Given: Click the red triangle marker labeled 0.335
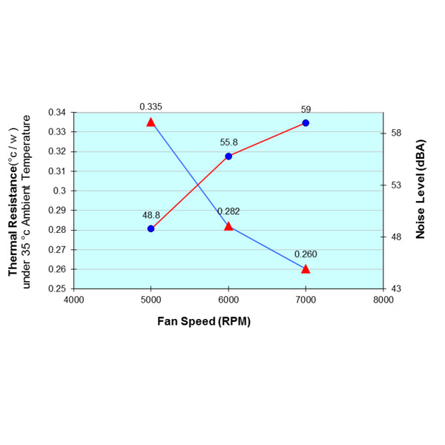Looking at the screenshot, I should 151,122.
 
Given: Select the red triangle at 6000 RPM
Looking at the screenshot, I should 228,226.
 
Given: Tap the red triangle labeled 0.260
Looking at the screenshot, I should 306,268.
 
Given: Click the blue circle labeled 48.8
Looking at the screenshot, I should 151,228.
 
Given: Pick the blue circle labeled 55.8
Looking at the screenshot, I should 228,156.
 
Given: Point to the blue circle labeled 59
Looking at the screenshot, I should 306,123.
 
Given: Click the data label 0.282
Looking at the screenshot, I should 228,211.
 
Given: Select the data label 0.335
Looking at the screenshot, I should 151,107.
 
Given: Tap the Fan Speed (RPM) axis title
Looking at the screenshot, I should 203,322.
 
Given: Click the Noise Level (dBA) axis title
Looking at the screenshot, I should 420,188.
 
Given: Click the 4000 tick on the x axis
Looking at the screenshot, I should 73,300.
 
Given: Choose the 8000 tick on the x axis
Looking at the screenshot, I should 383,300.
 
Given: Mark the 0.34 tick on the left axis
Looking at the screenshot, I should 57,113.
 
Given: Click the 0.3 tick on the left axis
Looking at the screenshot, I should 62,191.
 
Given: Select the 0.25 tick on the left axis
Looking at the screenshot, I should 57,289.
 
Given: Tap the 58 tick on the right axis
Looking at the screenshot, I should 395,133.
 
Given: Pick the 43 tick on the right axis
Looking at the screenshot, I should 395,289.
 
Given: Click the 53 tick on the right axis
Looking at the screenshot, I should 395,185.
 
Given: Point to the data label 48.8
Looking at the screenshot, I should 151,215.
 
